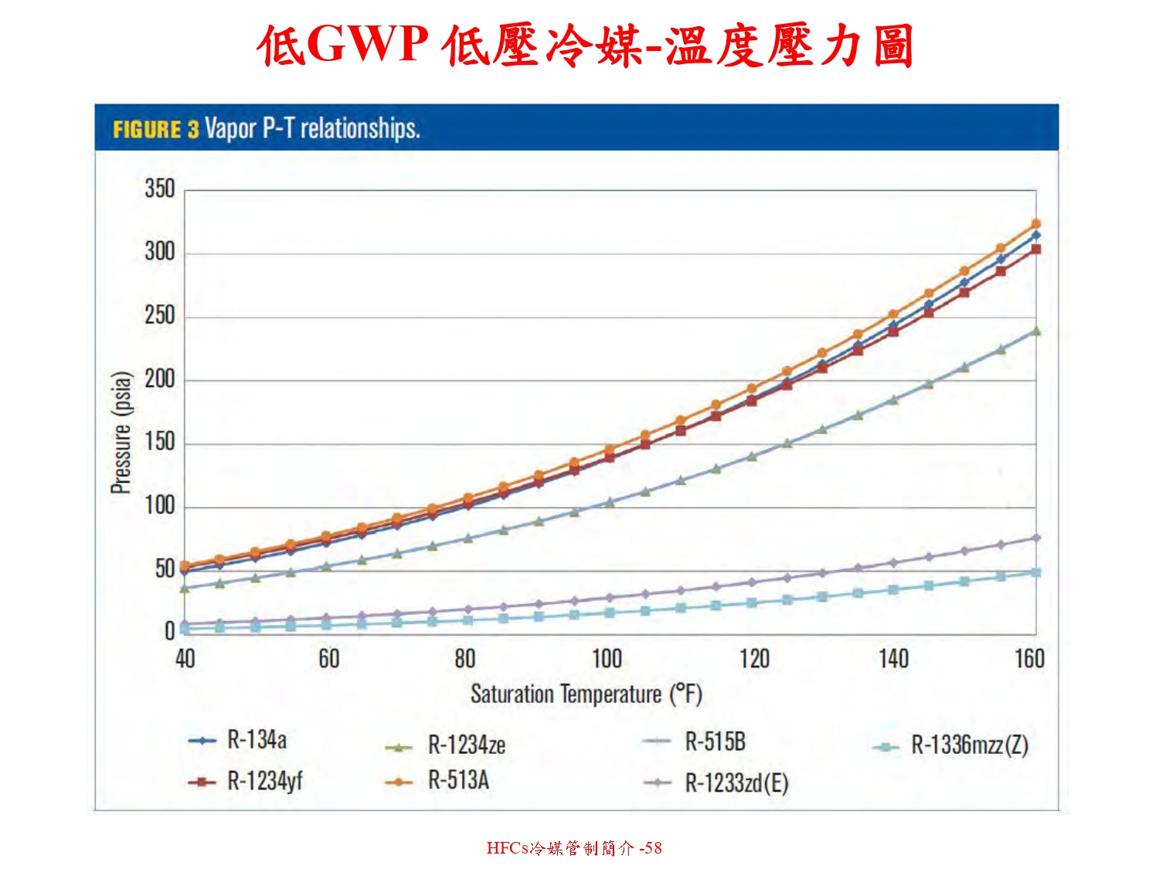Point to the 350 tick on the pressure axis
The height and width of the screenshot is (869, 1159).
[160, 189]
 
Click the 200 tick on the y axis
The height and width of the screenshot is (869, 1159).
[160, 379]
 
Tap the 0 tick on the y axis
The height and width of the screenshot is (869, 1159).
[169, 632]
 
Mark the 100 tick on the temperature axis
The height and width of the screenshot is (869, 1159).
[607, 659]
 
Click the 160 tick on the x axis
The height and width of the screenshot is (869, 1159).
[1029, 659]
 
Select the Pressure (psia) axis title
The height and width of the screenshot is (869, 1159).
[121, 433]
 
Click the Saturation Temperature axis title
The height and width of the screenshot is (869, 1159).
[586, 694]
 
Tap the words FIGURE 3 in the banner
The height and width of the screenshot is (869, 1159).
[155, 129]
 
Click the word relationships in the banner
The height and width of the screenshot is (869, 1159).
[359, 127]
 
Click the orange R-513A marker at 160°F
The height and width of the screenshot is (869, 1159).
[1036, 224]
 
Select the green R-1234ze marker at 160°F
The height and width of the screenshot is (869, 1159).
[1036, 331]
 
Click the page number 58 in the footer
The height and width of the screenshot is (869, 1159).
[654, 847]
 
